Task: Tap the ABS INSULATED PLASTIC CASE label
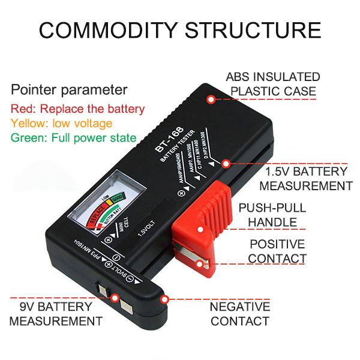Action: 272,85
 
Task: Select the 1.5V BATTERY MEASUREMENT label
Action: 306,178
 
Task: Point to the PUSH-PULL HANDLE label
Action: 272,215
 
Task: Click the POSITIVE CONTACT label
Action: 277,251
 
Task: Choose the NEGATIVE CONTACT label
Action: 239,313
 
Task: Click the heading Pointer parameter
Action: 69,91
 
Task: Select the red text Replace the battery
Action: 78,109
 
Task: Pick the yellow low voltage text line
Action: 62,124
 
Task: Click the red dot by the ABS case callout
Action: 211,99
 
